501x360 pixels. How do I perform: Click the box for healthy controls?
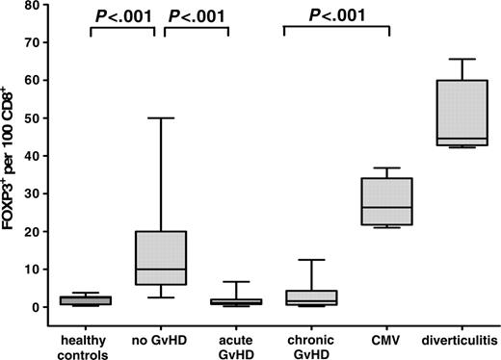click(90, 300)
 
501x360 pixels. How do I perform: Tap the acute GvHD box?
click(228, 301)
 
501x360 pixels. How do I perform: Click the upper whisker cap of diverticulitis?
click(456, 59)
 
